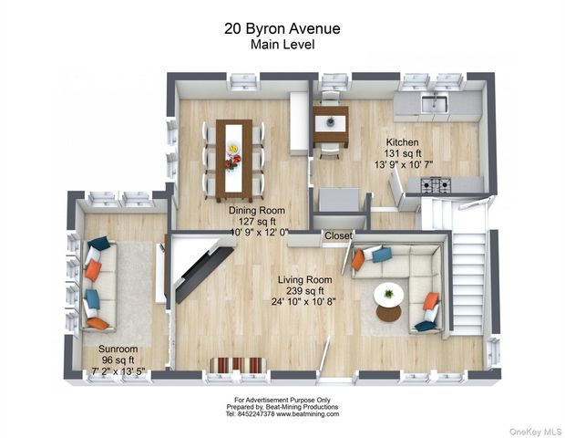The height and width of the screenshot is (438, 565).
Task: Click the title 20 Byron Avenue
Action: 282,28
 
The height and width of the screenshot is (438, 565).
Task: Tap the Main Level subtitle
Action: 282,45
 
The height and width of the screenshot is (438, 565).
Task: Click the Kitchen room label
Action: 403,141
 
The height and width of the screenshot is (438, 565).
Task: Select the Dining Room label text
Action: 257,211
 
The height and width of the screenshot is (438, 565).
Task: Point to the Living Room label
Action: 305,279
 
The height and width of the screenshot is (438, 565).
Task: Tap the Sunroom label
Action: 118,349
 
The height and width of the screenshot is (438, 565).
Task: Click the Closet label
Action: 338,235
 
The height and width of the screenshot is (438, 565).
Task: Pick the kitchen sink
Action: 435,103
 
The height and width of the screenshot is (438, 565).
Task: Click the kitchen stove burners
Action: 436,184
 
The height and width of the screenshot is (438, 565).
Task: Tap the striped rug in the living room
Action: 238,365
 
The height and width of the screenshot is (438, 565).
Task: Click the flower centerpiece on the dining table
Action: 233,158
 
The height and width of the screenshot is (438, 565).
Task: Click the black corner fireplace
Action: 204,274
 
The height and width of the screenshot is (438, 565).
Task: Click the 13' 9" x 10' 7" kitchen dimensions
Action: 403,164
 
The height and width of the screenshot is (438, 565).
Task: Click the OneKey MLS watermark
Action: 536,432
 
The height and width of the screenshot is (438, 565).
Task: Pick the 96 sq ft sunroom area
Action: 118,360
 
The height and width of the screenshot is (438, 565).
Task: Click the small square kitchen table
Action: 331,124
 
